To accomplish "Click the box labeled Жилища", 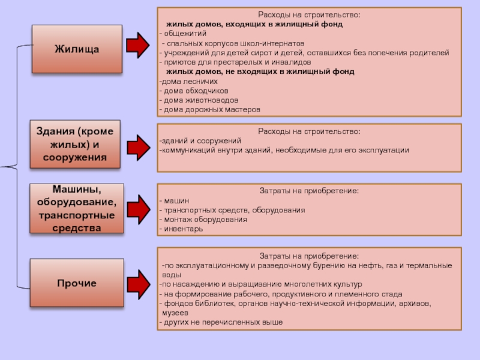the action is [x=77, y=49].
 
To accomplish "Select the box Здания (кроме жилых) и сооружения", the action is [x=75, y=144].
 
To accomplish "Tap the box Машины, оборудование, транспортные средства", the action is [x=77, y=208].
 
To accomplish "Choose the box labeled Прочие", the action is [x=77, y=283].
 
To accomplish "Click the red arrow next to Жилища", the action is [x=138, y=46].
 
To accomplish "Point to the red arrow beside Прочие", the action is [x=139, y=284].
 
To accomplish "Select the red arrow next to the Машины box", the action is [x=139, y=209].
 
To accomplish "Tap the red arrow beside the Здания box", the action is [x=139, y=148].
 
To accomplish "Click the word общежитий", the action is [x=185, y=34].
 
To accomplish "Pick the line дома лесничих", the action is [x=188, y=82].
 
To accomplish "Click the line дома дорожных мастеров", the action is [x=210, y=109].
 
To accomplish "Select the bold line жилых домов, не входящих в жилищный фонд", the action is [x=260, y=71].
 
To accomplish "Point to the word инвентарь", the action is [x=184, y=229].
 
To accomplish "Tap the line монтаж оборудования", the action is [x=205, y=220].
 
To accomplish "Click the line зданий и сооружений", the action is [x=200, y=141].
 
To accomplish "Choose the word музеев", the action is [x=175, y=313].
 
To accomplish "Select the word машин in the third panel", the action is [x=176, y=201].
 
